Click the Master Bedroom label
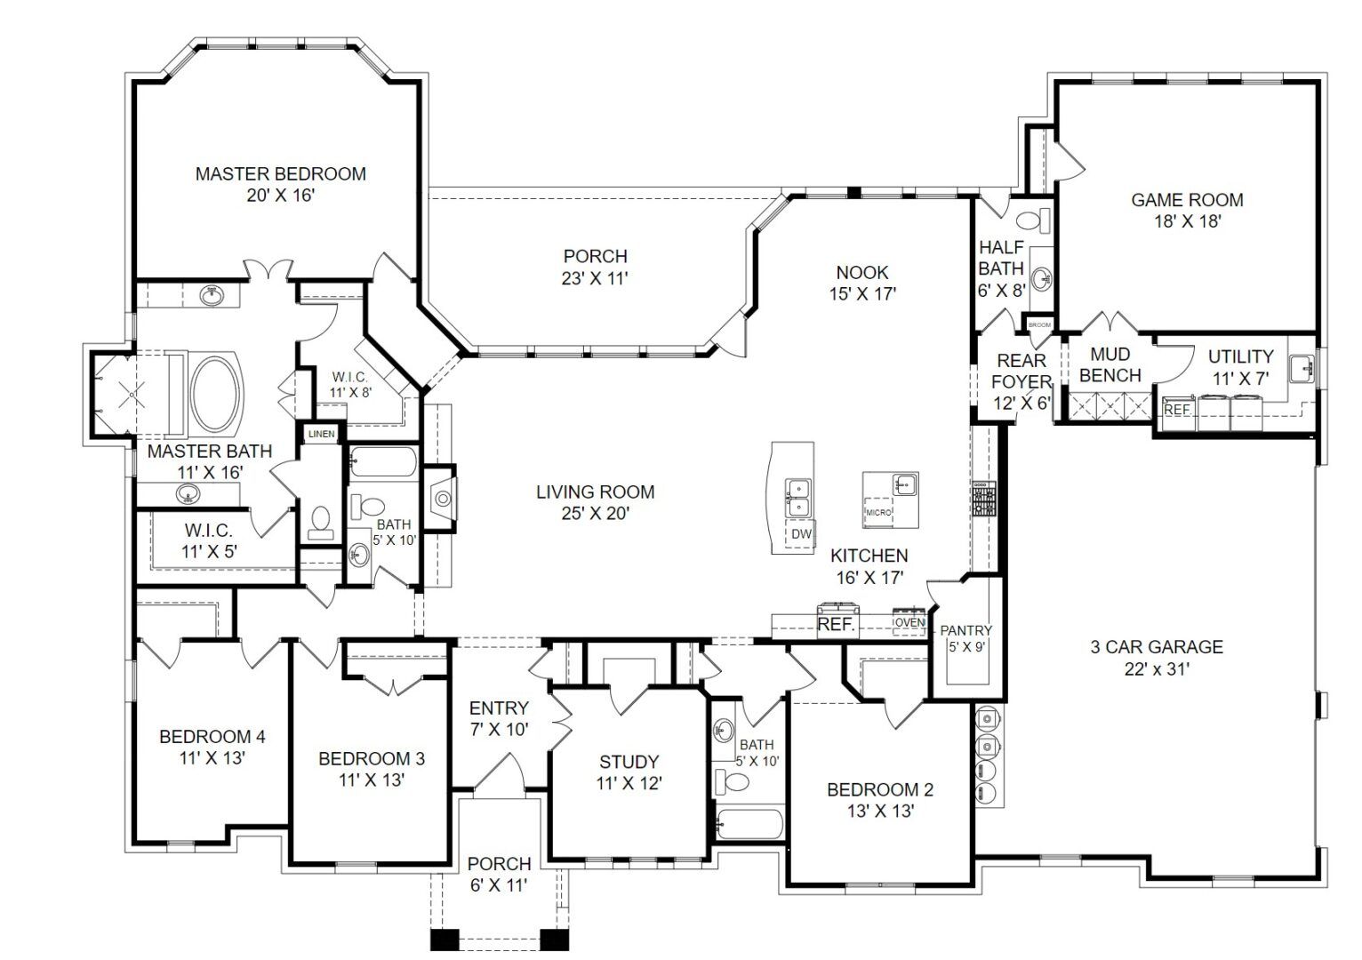pyautogui.click(x=280, y=174)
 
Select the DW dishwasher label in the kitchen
pyautogui.click(x=801, y=533)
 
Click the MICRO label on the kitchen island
pyautogui.click(x=878, y=513)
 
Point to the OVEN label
pyautogui.click(x=909, y=622)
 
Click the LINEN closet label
pyautogui.click(x=321, y=434)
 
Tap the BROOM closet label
pyautogui.click(x=1039, y=325)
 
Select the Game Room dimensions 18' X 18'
pyautogui.click(x=1187, y=221)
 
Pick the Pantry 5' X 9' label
pyautogui.click(x=965, y=638)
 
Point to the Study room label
pyautogui.click(x=629, y=762)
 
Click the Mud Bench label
pyautogui.click(x=1110, y=365)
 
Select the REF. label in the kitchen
pyautogui.click(x=835, y=625)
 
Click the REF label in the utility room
pyautogui.click(x=1177, y=410)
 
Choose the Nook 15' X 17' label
pyautogui.click(x=861, y=283)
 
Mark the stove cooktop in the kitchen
pyautogui.click(x=984, y=500)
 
